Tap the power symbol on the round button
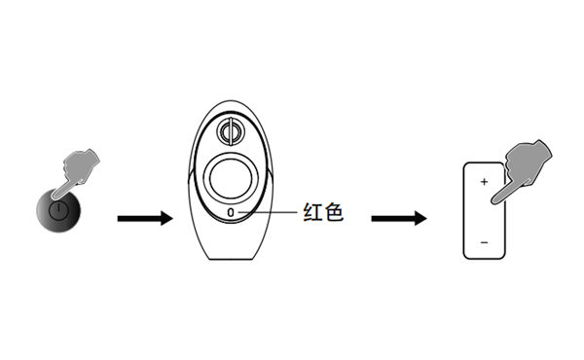pyautogui.click(x=59, y=209)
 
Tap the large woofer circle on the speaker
pyautogui.click(x=231, y=177)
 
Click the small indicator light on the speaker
pyautogui.click(x=231, y=211)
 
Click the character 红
pyautogui.click(x=312, y=212)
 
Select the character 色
pyautogui.click(x=334, y=212)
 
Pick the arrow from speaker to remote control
pyautogui.click(x=399, y=218)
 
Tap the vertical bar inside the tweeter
pyautogui.click(x=231, y=129)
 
